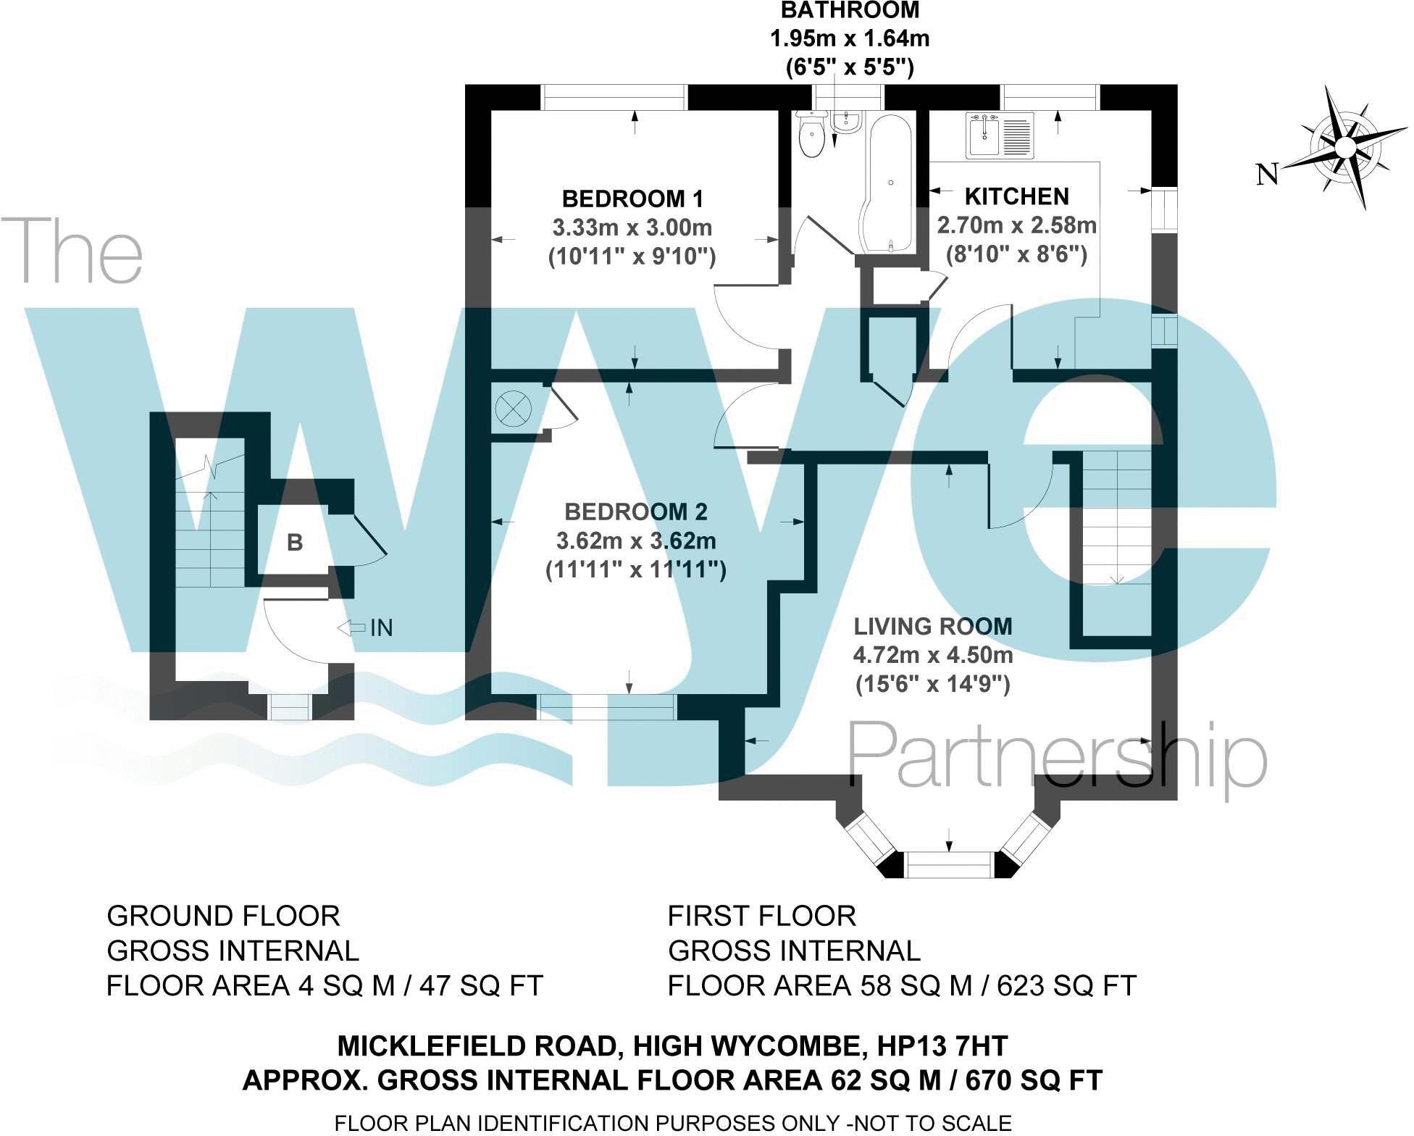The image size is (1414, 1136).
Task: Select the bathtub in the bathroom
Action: [888, 185]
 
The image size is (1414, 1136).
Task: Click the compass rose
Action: [1344, 147]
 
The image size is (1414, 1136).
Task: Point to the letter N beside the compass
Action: [1266, 175]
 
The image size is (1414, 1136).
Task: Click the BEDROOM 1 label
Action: [632, 199]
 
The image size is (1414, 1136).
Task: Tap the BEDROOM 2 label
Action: [635, 512]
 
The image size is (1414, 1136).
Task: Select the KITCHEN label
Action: [1016, 196]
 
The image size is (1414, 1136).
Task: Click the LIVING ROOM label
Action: [932, 627]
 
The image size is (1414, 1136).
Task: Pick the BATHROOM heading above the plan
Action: [849, 11]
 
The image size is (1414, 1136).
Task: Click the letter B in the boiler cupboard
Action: [294, 543]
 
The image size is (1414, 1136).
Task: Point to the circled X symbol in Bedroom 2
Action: [514, 409]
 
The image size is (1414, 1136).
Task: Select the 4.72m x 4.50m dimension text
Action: [932, 656]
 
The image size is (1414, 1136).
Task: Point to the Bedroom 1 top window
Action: [614, 97]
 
